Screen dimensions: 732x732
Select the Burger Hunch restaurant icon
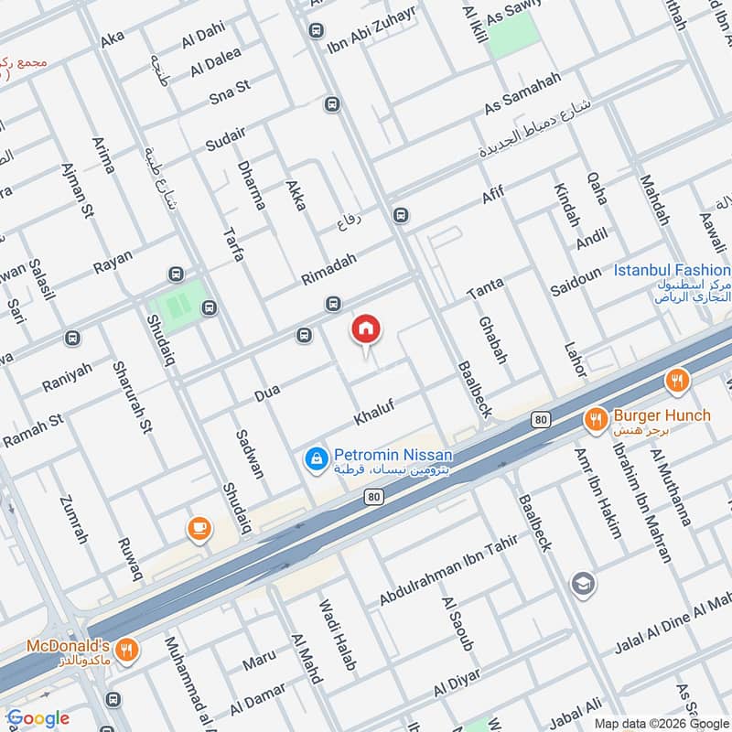tap(595, 419)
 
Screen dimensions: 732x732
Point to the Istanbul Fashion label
tap(672, 271)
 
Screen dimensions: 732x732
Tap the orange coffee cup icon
tap(198, 528)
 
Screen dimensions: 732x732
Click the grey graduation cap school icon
tap(581, 582)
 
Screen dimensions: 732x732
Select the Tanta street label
tap(485, 289)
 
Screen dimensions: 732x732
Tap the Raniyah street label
tap(68, 376)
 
